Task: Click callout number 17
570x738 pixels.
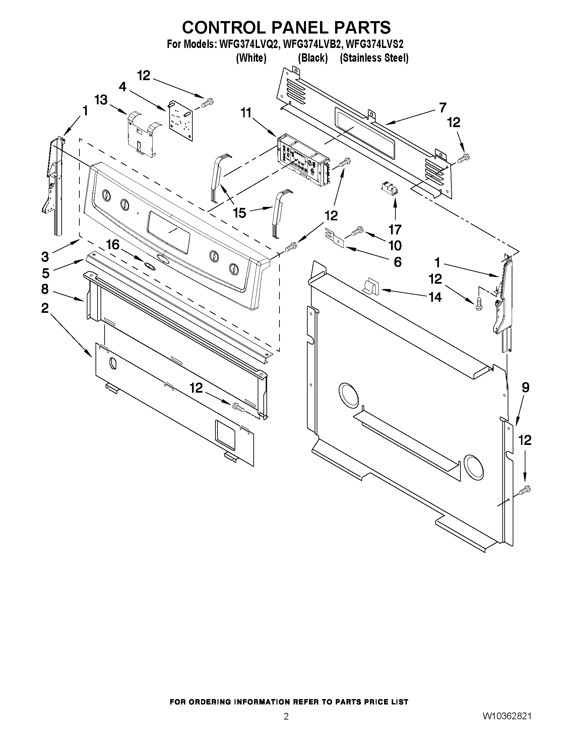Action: click(x=395, y=229)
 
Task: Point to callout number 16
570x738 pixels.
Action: click(x=113, y=244)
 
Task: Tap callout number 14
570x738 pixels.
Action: click(x=435, y=297)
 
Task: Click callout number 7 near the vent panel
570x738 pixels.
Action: click(x=442, y=107)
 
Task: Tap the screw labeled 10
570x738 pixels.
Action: click(x=356, y=231)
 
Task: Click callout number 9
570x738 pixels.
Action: click(x=525, y=388)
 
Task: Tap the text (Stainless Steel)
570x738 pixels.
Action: click(x=374, y=58)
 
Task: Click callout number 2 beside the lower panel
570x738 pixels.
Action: click(x=45, y=308)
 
